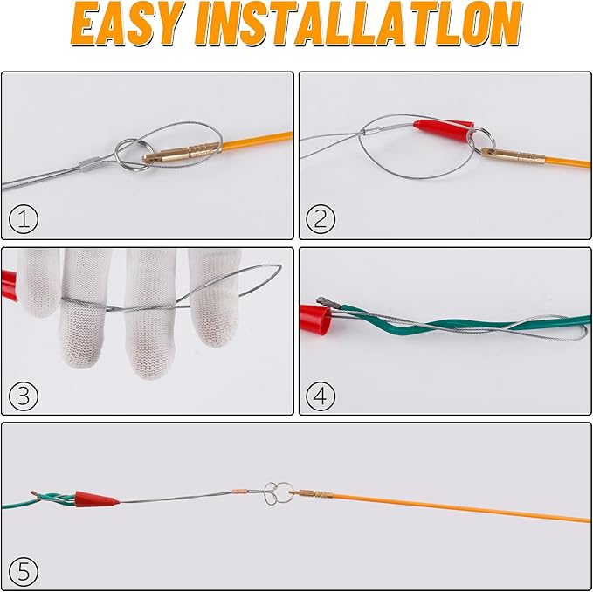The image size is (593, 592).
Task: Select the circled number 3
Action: [x=24, y=396]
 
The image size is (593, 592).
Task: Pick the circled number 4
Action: [x=321, y=396]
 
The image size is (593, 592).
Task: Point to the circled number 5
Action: [x=24, y=572]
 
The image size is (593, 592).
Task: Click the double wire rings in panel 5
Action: [x=279, y=492]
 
